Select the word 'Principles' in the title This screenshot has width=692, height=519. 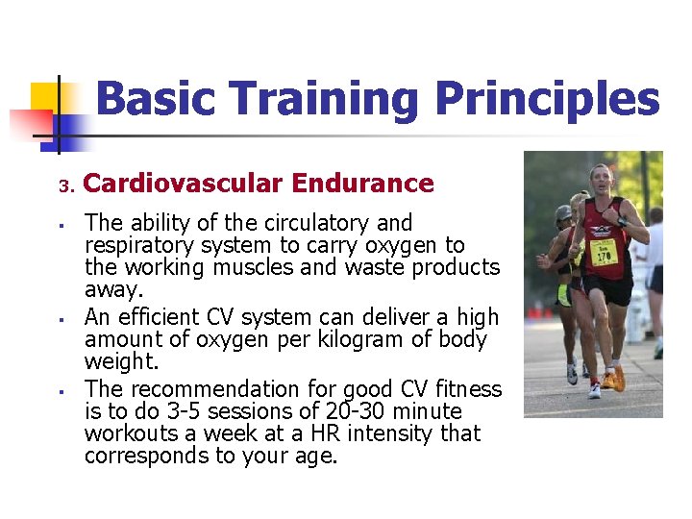pyautogui.click(x=547, y=100)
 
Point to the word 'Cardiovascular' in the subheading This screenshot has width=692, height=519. pyautogui.click(x=184, y=183)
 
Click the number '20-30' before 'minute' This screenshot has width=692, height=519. pyautogui.click(x=347, y=411)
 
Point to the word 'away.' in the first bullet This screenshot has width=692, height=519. pyautogui.click(x=112, y=289)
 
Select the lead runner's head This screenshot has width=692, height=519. pyautogui.click(x=601, y=179)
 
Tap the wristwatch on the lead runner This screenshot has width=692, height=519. pyautogui.click(x=622, y=223)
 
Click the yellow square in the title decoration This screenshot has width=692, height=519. pyautogui.click(x=46, y=97)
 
